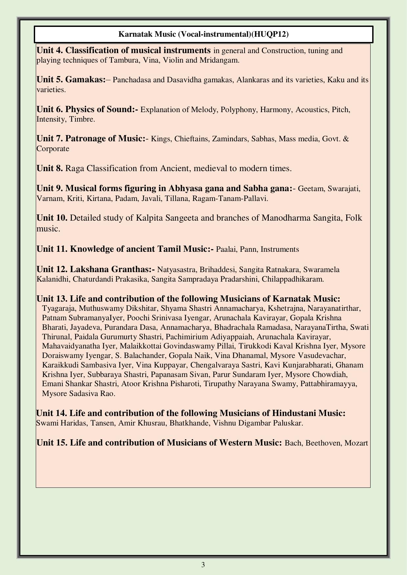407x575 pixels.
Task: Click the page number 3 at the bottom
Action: click(203, 565)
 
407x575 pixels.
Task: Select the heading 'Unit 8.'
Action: click(50, 169)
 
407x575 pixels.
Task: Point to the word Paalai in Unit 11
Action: click(226, 249)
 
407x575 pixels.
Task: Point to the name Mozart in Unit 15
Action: click(356, 443)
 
